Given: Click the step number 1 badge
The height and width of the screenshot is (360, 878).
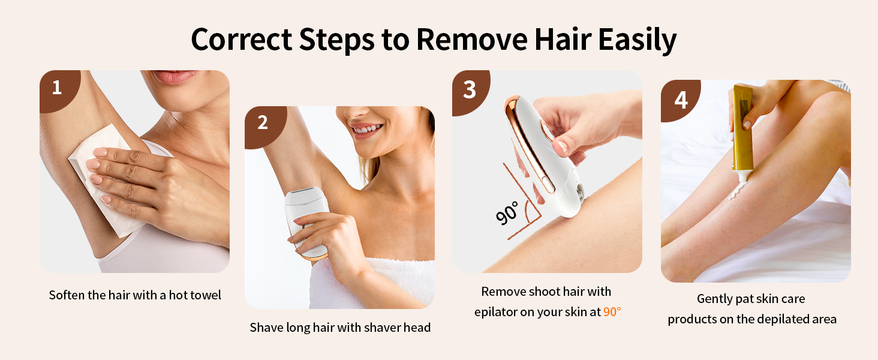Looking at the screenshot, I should (57, 88).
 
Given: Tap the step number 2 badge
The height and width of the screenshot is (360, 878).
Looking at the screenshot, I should (263, 123).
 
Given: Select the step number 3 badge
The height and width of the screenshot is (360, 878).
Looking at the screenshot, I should (470, 89).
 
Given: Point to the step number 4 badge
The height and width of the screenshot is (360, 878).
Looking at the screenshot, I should (681, 100).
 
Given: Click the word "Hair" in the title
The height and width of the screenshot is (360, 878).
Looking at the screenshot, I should (558, 40).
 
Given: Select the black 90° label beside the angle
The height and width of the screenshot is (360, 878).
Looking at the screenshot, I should (507, 213).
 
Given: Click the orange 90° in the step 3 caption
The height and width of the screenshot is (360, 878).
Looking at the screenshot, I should (612, 312).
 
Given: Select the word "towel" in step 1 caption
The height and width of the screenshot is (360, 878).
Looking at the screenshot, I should (206, 295).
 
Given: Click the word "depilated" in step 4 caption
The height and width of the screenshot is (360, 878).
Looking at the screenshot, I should (774, 319).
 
